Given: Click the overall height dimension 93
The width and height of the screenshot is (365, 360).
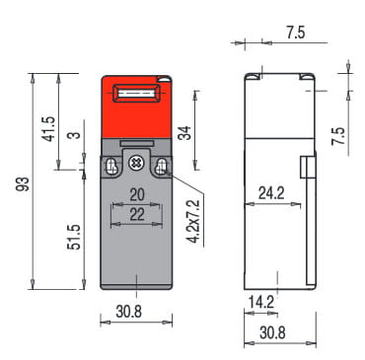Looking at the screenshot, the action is click(x=24, y=183).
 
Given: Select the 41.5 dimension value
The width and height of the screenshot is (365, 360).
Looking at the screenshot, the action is click(x=49, y=129).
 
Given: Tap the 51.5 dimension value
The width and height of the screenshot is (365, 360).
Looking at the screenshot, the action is click(x=74, y=237).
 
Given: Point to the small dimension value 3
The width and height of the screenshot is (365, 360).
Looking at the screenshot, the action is click(x=76, y=135).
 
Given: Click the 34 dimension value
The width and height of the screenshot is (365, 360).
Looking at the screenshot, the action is click(x=184, y=133).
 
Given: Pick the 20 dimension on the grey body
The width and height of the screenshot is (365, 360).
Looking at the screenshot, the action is click(x=137, y=194).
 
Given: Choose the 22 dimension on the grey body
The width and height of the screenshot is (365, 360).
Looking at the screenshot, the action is click(x=137, y=214).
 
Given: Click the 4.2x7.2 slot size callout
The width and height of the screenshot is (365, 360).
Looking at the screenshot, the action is click(x=193, y=221).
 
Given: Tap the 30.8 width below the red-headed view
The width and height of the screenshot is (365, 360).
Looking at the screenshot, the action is click(x=129, y=311).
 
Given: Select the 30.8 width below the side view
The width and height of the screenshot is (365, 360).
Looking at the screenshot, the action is click(x=272, y=332).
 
